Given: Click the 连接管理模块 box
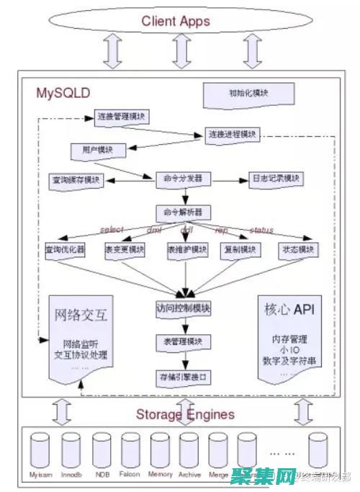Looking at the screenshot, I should click(x=121, y=117).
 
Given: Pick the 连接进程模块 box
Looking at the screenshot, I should click(x=232, y=135).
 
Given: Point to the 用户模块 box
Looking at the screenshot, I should click(x=97, y=150).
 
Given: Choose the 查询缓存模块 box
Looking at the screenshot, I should click(x=76, y=179).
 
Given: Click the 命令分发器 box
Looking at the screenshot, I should click(x=184, y=177).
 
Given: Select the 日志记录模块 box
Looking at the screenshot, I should click(x=276, y=178).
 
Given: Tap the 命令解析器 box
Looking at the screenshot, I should click(x=184, y=212).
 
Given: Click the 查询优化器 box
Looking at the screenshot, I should click(x=65, y=249).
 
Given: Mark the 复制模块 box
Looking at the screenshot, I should click(x=238, y=249).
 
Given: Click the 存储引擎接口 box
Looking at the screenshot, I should click(x=183, y=376).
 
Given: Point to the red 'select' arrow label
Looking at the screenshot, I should click(x=112, y=230).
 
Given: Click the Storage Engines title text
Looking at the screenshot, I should click(x=185, y=414).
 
